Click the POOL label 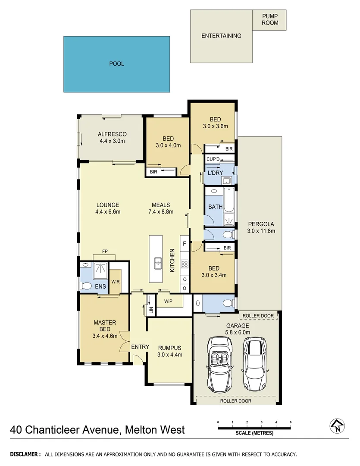click(116, 64)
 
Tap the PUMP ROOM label click(270, 19)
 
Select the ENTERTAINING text click(221, 36)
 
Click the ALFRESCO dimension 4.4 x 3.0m click(112, 141)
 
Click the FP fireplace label click(104, 251)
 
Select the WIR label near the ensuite click(115, 282)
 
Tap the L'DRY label click(215, 173)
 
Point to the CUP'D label click(213, 159)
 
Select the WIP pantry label click(168, 301)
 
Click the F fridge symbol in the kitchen click(184, 244)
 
